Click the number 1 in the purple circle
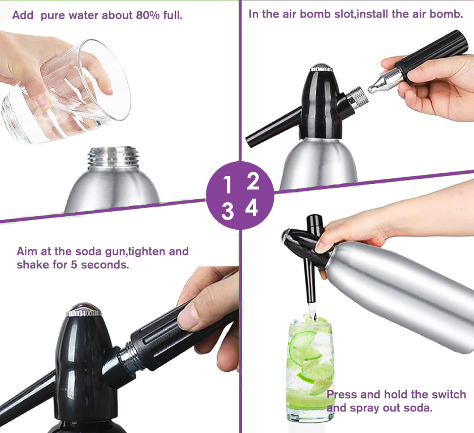tap(227, 185)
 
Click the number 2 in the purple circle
tap(253, 181)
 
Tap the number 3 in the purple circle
tap(227, 211)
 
